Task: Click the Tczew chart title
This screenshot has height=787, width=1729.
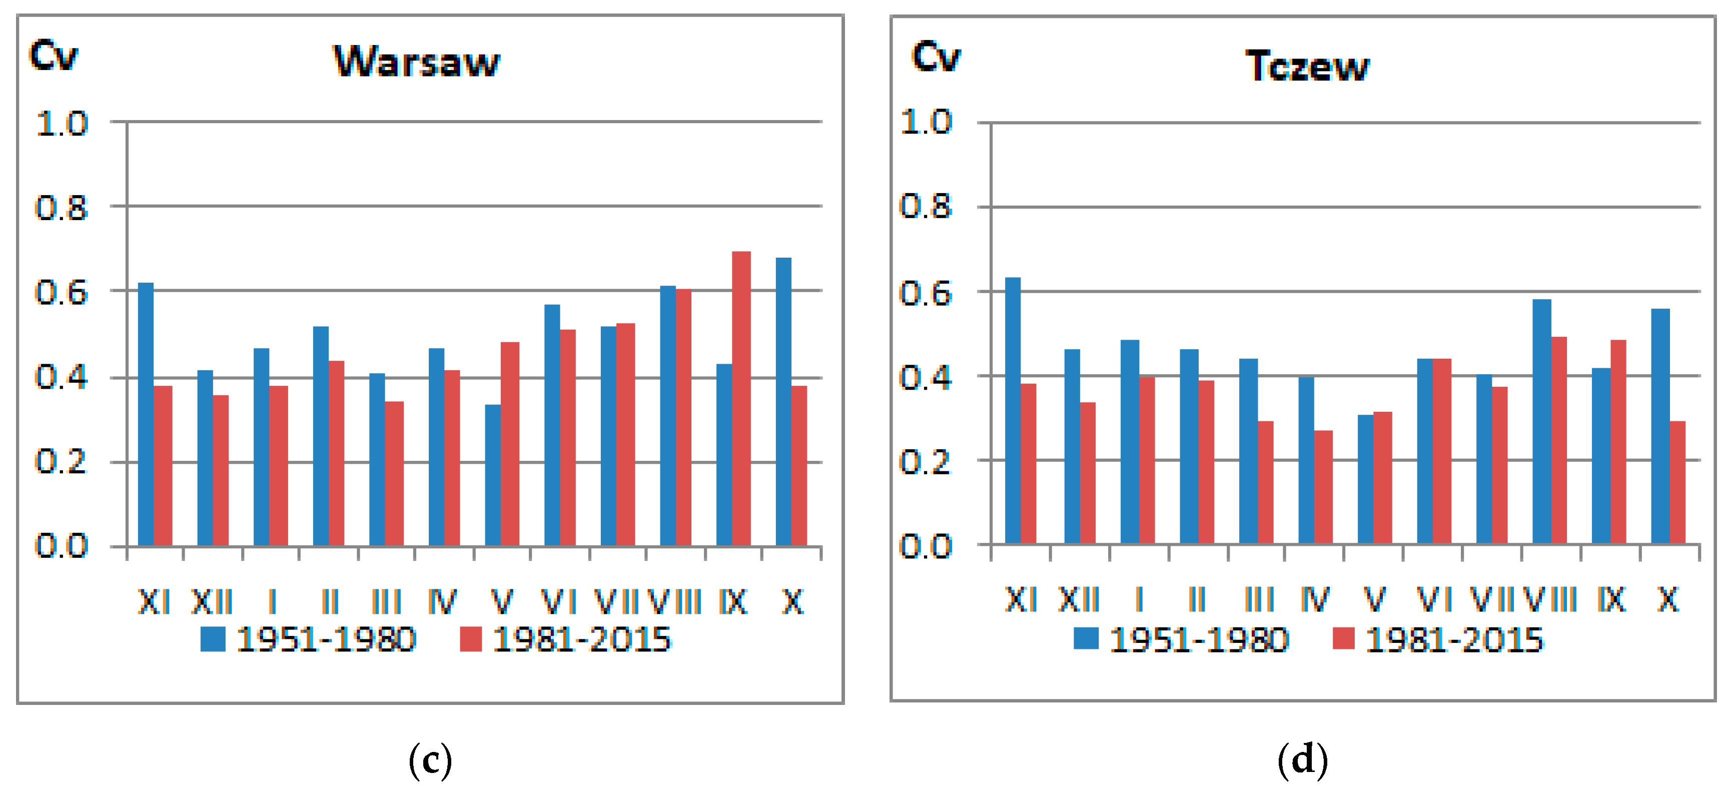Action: [x=1306, y=66]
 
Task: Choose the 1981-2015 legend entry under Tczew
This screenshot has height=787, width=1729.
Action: [x=1438, y=639]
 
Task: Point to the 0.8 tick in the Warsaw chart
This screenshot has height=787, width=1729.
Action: [x=61, y=208]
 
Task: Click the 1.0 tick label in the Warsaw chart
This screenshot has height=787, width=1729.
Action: [x=61, y=124]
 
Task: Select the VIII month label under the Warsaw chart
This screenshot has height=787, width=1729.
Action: [x=674, y=602]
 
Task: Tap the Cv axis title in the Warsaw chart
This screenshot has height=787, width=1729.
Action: [x=53, y=55]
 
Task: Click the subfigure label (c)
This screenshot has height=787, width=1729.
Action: [x=430, y=760]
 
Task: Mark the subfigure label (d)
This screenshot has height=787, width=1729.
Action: [x=1302, y=760]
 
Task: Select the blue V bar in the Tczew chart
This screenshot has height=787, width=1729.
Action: [x=1365, y=479]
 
